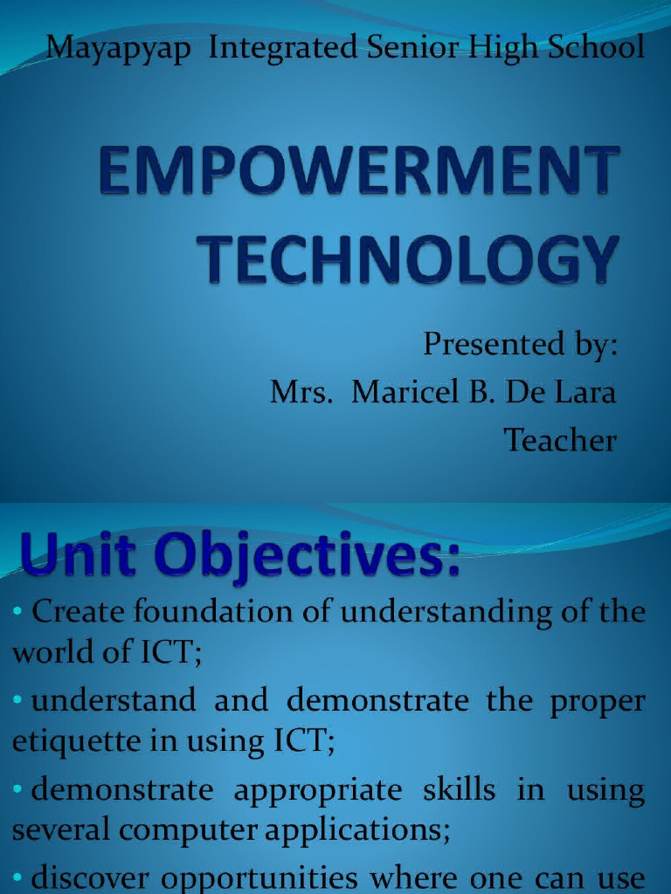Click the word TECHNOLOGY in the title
pos(408,259)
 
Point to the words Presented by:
pos(520,345)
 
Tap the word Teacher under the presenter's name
pos(560,440)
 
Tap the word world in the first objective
pos(41,652)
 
